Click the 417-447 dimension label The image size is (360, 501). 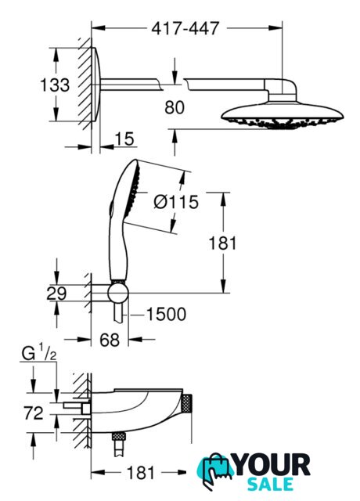(185, 28)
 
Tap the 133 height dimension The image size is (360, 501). (55, 85)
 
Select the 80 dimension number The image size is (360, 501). (175, 107)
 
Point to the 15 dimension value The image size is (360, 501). (124, 139)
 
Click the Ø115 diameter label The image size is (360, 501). (176, 202)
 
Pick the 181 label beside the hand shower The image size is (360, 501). (222, 243)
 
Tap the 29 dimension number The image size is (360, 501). (56, 294)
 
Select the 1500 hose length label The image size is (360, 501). (166, 315)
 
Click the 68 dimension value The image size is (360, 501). (110, 340)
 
